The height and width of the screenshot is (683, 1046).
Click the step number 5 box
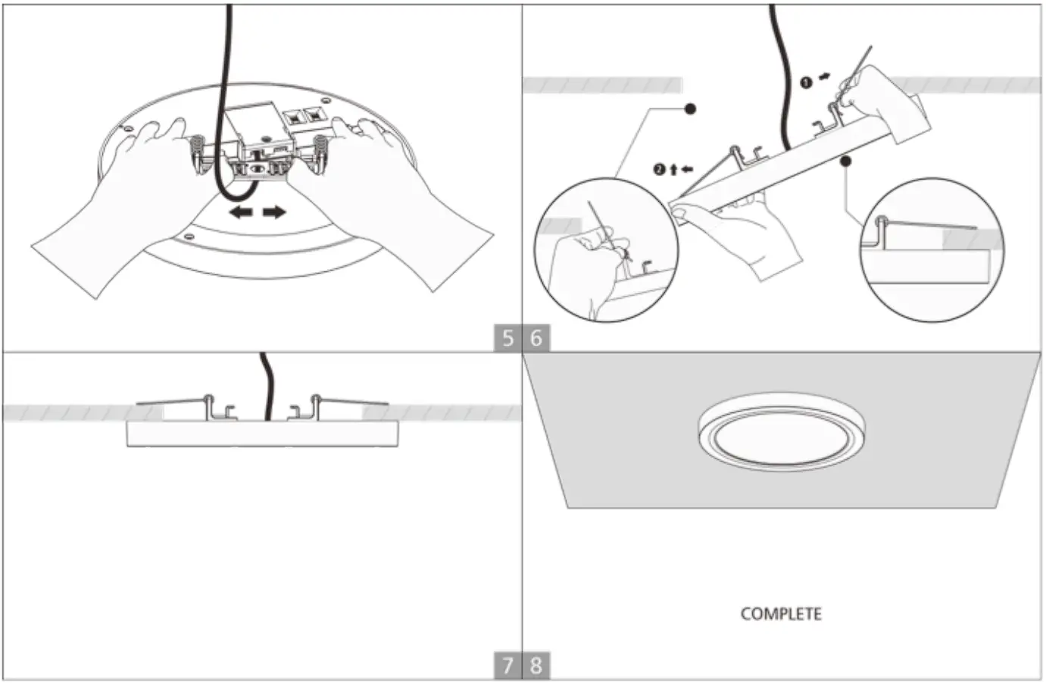click(507, 337)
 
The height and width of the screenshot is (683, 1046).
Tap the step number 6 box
click(536, 337)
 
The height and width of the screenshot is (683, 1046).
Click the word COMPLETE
click(780, 613)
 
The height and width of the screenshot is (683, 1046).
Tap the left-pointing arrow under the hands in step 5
click(242, 212)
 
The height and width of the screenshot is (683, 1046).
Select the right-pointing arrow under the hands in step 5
click(274, 212)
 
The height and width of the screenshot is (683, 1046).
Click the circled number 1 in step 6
click(807, 81)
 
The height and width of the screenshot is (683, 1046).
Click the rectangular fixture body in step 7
click(262, 434)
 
